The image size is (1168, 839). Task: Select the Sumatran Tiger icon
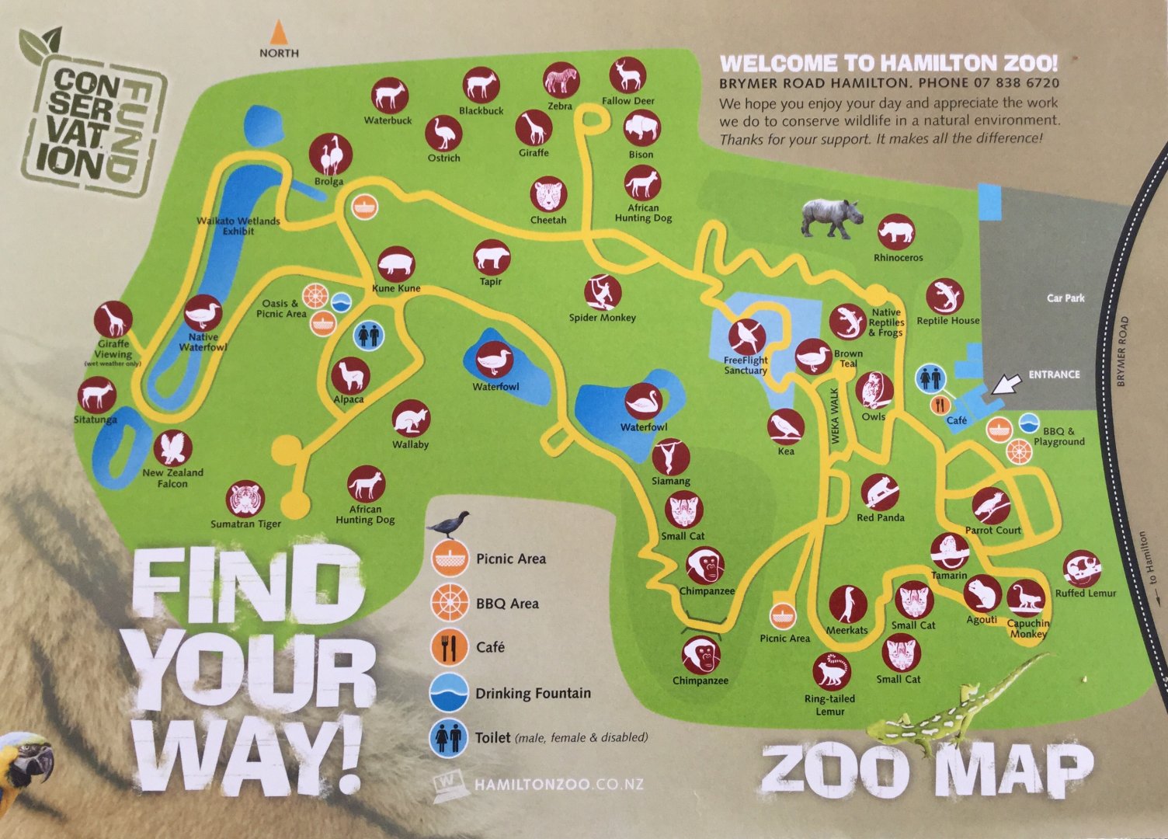[246, 500]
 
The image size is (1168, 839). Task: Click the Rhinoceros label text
[898, 258]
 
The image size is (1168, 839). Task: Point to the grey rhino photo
[832, 217]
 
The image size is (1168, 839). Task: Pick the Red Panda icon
[880, 493]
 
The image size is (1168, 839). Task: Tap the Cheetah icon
[549, 195]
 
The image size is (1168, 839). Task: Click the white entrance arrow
[1007, 385]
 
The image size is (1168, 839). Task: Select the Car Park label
[1065, 298]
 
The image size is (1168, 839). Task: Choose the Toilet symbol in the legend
[449, 737]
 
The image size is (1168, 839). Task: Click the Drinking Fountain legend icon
[449, 692]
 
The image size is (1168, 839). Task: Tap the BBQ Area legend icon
[449, 603]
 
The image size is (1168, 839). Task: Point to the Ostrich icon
[444, 134]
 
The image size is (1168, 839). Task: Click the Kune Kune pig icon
[396, 265]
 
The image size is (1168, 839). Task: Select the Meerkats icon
[846, 604]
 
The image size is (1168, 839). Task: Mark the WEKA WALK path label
[836, 416]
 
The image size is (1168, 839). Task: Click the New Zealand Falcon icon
[173, 448]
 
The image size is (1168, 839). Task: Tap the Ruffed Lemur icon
[1082, 569]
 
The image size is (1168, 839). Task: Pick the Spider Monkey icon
[603, 293]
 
